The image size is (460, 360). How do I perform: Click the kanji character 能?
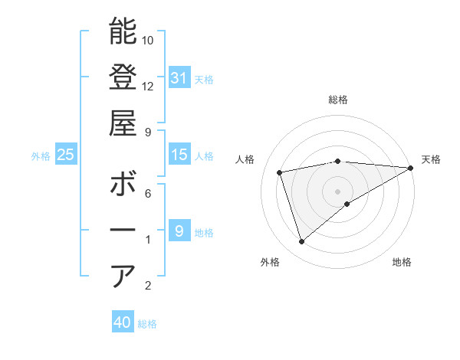pos(123,31)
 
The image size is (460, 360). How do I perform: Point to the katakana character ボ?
pos(123,185)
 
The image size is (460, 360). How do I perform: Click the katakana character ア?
pos(123,277)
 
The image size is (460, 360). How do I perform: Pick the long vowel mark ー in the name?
pos(123,231)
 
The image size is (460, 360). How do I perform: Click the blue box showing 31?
pos(179,77)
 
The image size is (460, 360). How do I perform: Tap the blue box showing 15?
pos(179,155)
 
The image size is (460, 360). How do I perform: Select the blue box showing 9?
pos(179,231)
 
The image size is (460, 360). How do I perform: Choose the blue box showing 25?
pos(66,155)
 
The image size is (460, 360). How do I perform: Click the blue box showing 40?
pos(123,322)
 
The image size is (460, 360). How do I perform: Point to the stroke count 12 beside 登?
pos(148,86)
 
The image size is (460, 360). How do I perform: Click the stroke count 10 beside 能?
pos(148,40)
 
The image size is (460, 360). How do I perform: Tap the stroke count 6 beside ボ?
pos(148,193)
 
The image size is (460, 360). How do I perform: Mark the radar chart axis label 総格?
pos(338,100)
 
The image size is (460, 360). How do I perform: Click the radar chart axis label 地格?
pos(402,263)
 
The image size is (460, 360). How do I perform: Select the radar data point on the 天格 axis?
pos(410,168)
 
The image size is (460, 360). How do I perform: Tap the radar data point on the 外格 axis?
pos(301,242)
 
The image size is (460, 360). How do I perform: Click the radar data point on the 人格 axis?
pos(280,172)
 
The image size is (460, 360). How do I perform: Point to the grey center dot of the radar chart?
pos(338,191)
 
